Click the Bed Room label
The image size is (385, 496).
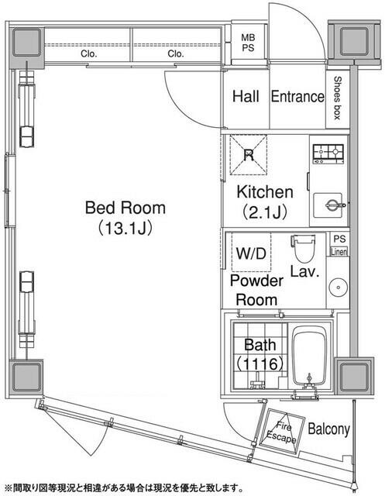(125, 208)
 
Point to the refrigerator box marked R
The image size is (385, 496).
(248, 155)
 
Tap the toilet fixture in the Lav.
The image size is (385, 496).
(303, 250)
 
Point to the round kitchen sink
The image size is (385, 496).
(331, 205)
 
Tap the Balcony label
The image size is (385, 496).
(328, 429)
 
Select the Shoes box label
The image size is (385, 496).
(339, 97)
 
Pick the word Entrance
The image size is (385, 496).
(297, 97)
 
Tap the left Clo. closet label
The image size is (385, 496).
(88, 54)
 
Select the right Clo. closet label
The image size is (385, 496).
(176, 54)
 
